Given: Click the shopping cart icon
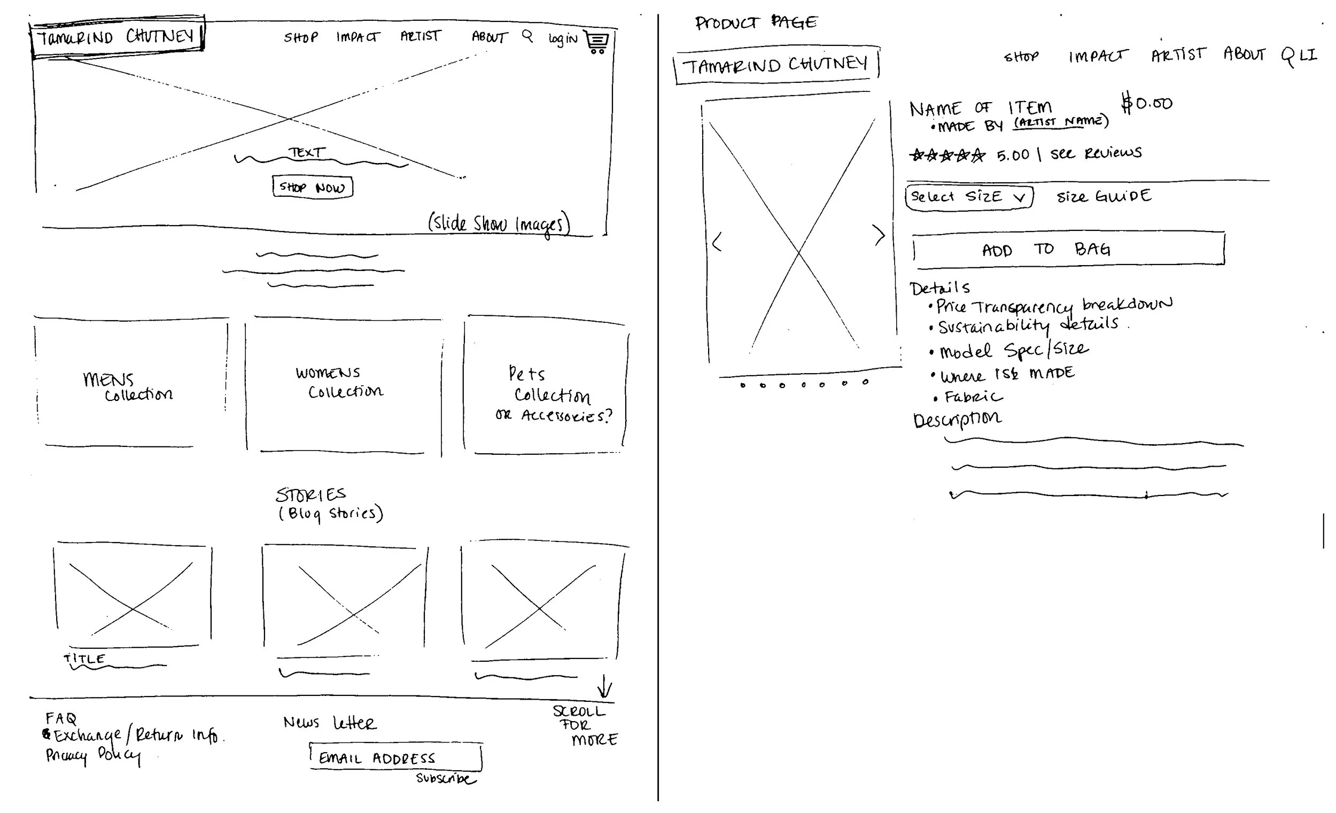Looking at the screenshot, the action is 597,42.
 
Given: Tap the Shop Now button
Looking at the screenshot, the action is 312,187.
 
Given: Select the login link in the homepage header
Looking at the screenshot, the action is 563,38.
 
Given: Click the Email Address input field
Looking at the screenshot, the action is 395,757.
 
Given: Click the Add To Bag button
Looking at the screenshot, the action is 1068,250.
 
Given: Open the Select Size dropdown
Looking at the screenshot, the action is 969,196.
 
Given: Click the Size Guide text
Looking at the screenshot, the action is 1104,196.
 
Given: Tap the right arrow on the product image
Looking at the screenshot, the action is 879,235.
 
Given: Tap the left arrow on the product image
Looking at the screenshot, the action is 717,242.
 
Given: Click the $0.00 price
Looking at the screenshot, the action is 1147,103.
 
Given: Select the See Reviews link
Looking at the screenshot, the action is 1096,153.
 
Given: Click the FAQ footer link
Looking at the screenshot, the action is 61,718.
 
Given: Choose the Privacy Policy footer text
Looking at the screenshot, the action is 92,755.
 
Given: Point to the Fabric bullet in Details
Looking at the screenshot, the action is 973,397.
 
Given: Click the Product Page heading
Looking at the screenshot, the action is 756,23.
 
